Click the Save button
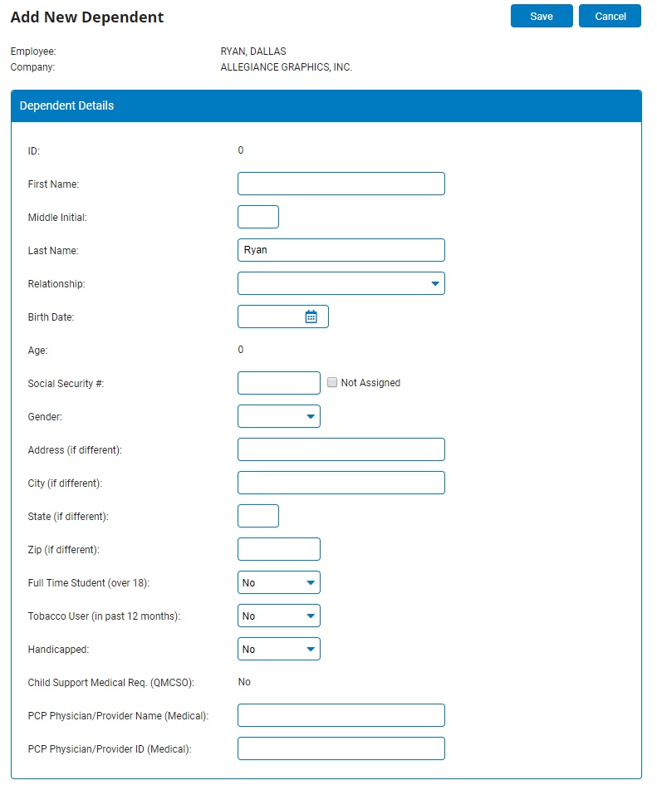pos(542,17)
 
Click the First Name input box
pos(341,184)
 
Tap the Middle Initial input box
pos(257,217)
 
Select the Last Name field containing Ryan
pos(341,250)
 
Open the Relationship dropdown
pos(341,283)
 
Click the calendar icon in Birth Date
pos(311,316)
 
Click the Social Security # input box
pos(278,383)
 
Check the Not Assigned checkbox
pos(332,383)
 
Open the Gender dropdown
pos(278,416)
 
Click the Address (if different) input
pos(341,449)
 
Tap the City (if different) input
pos(341,483)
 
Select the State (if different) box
pos(257,516)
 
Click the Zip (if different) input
pos(278,549)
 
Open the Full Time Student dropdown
pos(278,582)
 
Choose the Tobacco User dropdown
pos(278,616)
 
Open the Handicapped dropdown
pos(278,649)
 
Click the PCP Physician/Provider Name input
pos(341,715)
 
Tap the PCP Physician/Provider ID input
pos(341,748)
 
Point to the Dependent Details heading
pos(67,106)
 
